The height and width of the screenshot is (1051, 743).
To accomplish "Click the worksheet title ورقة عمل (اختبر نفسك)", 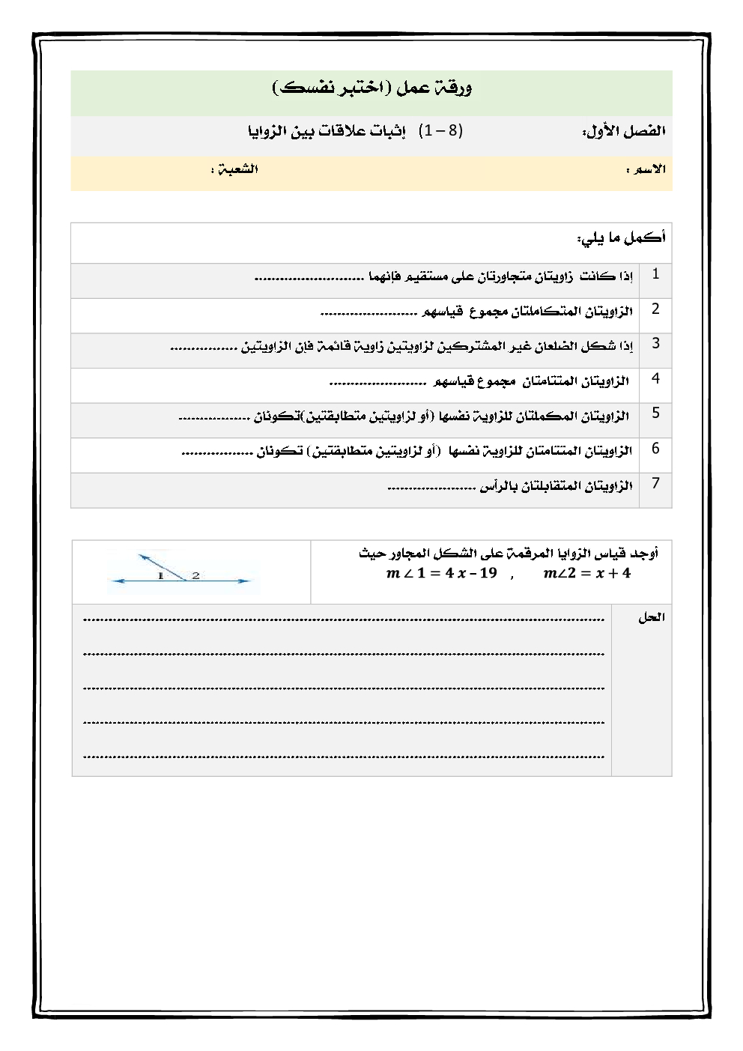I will point(371,88).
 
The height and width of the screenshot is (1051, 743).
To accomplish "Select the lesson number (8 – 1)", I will point(441,131).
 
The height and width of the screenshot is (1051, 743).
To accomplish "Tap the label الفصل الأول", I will point(624,132).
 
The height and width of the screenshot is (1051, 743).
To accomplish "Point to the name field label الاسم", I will point(646,169).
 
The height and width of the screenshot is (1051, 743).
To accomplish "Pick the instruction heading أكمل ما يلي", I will point(621,238).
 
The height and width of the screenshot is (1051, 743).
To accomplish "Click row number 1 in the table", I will point(655,274).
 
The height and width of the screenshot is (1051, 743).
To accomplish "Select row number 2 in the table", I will point(655,309).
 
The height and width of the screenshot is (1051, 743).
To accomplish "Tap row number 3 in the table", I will point(655,344).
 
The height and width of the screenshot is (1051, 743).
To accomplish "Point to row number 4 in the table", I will point(655,378).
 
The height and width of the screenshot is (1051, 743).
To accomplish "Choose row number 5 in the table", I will point(655,413).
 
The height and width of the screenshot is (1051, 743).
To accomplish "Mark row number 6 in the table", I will point(655,449).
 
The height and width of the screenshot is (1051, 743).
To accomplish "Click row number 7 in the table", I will point(655,483).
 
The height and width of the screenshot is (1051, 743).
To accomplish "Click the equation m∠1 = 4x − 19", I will point(441,574).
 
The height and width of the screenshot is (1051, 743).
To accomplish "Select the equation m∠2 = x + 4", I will point(587,574).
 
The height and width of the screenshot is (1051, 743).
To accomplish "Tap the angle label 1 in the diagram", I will point(160,575).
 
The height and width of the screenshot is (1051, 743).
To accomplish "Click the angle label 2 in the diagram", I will point(195,575).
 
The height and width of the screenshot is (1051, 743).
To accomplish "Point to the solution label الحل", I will point(651,618).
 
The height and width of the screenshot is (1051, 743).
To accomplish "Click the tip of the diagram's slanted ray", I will point(140,555).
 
